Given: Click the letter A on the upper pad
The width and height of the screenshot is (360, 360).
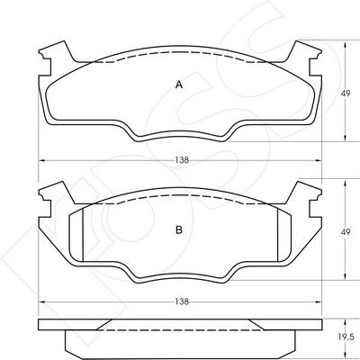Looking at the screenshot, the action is [x=179, y=85].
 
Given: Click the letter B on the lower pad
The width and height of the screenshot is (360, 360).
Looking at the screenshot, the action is [x=179, y=230].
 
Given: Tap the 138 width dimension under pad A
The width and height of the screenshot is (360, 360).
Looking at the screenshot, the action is [x=182, y=160].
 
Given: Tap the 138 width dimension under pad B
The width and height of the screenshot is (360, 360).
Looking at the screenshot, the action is [x=182, y=301].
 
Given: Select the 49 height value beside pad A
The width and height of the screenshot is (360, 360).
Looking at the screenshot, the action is [x=346, y=94].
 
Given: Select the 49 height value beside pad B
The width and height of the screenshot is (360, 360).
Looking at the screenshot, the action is [x=346, y=232].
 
